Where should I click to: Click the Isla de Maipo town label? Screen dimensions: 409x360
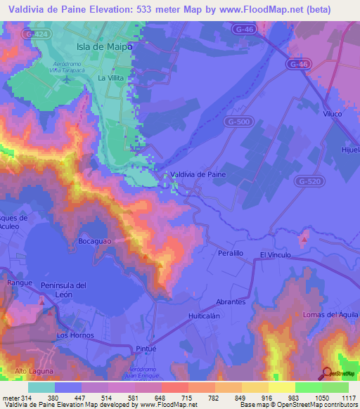(104, 46)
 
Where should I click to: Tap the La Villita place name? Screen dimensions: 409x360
(111, 77)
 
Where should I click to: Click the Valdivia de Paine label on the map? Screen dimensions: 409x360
(198, 175)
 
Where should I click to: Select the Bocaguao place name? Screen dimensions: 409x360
(96, 240)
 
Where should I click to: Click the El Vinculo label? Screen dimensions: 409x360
(275, 254)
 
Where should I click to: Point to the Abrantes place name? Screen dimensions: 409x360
(231, 301)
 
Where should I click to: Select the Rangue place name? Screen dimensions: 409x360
(20, 283)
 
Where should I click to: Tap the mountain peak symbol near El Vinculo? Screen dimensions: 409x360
(304, 240)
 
